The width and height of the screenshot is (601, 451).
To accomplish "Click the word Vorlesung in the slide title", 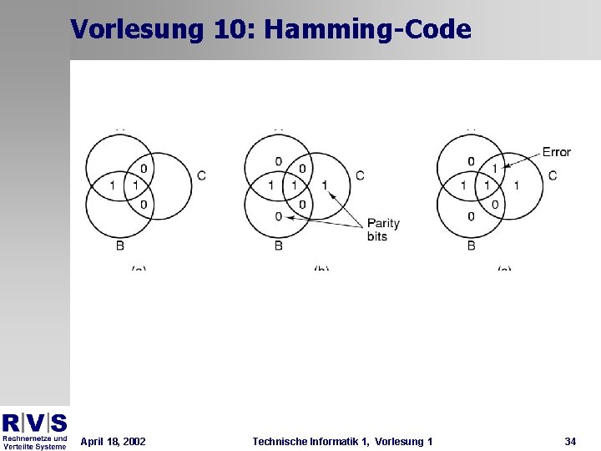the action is pos(137,30).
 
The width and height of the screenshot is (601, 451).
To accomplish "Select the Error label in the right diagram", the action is pos(556,152).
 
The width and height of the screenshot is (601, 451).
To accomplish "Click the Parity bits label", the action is pos(383,230).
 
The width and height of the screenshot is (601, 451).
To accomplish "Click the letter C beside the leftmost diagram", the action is pos(202,175).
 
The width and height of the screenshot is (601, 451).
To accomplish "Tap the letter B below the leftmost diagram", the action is pos(120,246).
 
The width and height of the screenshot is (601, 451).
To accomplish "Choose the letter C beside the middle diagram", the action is pos(360,175).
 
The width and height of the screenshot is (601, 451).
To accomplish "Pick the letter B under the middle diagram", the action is pos(279,246).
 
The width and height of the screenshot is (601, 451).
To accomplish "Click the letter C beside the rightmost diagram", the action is pos(553,175).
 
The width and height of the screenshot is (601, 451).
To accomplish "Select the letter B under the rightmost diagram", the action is pos(472,246).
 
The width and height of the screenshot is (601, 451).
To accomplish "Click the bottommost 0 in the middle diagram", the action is pos(279,217).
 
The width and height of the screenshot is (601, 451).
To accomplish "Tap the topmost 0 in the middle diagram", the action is pos(279,161).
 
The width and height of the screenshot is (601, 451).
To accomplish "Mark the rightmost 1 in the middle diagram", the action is pos(325,185).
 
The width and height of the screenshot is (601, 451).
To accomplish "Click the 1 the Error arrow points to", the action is pos(494,169).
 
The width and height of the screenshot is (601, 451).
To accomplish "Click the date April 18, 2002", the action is pos(113,441).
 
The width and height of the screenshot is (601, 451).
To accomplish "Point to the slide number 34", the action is pos(570,441).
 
